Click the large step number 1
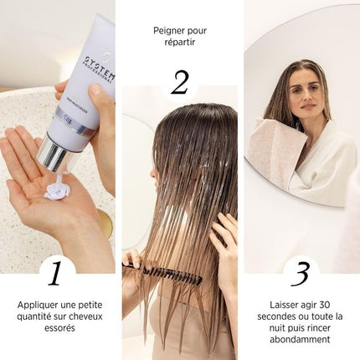point(57,273)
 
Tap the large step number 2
point(179,83)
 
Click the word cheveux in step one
point(90,316)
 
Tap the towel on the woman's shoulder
point(272,151)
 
